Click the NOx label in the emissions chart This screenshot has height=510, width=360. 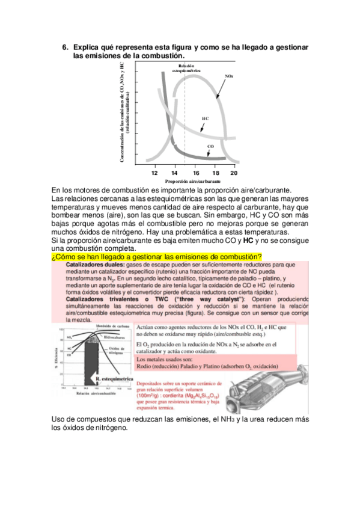pos(229,76)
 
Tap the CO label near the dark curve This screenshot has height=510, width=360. pos(210,146)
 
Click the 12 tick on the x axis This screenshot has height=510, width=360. pos(154,173)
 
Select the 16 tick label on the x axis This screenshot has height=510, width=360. pos(196,173)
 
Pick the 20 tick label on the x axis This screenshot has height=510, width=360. pos(234,173)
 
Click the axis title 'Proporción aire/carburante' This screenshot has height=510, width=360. pos(193,181)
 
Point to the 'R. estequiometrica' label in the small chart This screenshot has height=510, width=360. pos(114,380)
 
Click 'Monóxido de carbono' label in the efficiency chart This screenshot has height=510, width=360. pos(114,326)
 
